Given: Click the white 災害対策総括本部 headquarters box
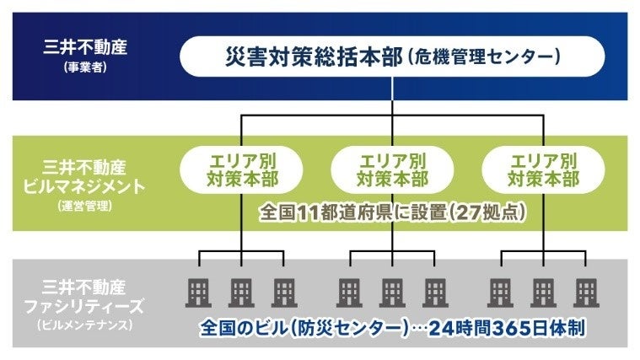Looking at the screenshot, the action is (x=391, y=58).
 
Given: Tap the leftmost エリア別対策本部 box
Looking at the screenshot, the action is (x=242, y=168).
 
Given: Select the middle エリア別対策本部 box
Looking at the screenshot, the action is (x=392, y=168).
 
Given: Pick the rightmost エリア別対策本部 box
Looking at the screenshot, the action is (x=543, y=168).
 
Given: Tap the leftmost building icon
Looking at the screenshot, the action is (x=199, y=292).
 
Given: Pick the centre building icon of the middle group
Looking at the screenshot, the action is (x=392, y=292).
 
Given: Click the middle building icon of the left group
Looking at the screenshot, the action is (x=242, y=292).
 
